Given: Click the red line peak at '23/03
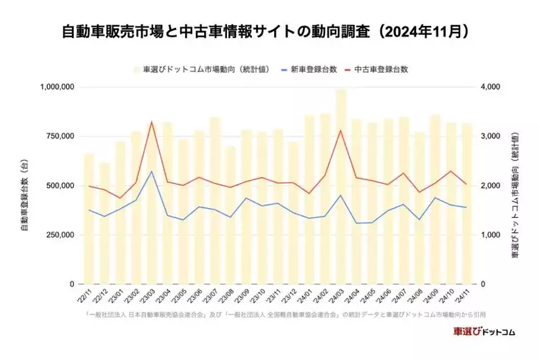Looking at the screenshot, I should tap(152, 122).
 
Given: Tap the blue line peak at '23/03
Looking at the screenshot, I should tap(152, 172).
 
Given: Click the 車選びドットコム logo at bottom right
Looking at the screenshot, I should tap(484, 332).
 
